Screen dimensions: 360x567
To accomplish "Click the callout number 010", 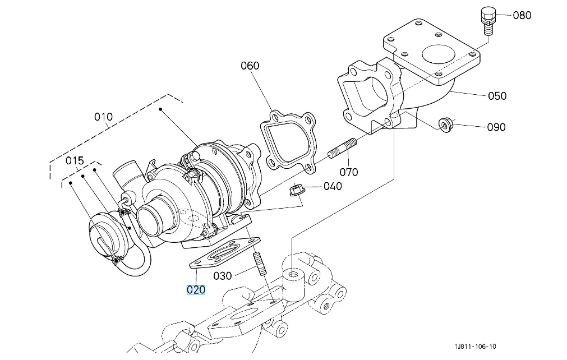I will pyautogui.click(x=103, y=117).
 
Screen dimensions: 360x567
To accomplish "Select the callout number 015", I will pyautogui.click(x=75, y=161).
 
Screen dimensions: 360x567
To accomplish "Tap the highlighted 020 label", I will pyautogui.click(x=196, y=289).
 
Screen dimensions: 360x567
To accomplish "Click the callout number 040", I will pyautogui.click(x=333, y=186).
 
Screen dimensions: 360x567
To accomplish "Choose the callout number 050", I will pyautogui.click(x=497, y=96).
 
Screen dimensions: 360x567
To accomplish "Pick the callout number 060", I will pyautogui.click(x=250, y=66).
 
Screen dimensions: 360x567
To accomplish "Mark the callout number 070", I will pyautogui.click(x=349, y=172).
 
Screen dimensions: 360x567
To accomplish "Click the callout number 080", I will pyautogui.click(x=522, y=15).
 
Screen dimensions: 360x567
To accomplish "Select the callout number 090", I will pyautogui.click(x=496, y=127).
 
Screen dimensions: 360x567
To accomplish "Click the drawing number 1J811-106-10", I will pyautogui.click(x=475, y=347).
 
